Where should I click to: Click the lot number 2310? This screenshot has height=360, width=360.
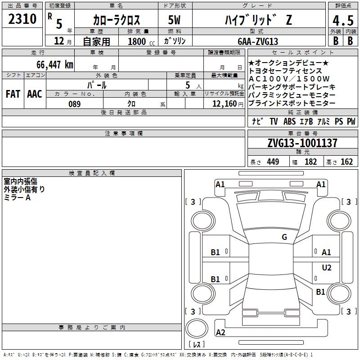click(22, 19)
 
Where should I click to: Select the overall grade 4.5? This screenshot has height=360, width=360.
click(343, 20)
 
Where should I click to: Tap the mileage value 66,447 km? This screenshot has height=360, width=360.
click(55, 64)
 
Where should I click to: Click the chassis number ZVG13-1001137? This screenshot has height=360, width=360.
click(302, 143)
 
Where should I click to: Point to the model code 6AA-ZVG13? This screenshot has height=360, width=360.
click(258, 41)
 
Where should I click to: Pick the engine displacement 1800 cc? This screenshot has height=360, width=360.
click(141, 41)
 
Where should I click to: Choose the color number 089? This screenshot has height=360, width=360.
click(75, 104)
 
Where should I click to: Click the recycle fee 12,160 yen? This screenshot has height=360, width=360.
click(228, 104)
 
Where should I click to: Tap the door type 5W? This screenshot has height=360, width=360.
click(174, 20)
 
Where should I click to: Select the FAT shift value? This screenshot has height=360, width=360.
click(13, 94)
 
